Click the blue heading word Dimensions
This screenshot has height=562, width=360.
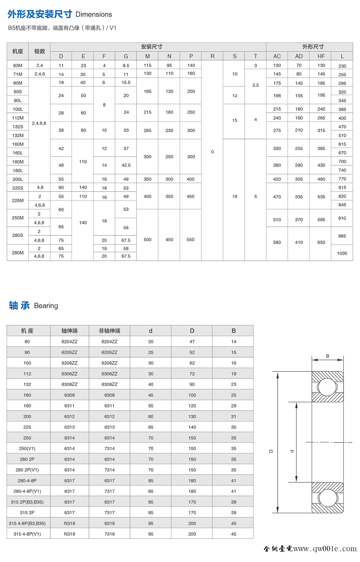(x=94, y=14)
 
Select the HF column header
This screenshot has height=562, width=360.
(x=321, y=56)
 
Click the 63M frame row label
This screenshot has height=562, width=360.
(x=18, y=66)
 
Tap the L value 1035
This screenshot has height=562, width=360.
(x=342, y=253)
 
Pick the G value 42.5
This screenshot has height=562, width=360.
(x=126, y=165)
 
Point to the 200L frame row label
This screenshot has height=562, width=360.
(x=18, y=179)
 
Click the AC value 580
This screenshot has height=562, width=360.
(x=277, y=242)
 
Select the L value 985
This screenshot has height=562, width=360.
(x=342, y=236)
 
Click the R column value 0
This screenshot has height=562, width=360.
(x=212, y=152)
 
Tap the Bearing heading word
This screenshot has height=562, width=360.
(x=46, y=306)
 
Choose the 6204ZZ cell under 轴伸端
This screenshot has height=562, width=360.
(x=69, y=342)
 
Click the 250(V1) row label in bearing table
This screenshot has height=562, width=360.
(x=27, y=449)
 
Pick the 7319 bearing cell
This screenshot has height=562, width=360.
(x=109, y=534)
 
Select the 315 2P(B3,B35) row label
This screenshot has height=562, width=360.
(x=27, y=502)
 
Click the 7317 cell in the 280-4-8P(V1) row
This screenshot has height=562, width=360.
(x=109, y=491)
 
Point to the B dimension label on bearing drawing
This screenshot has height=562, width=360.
(x=328, y=356)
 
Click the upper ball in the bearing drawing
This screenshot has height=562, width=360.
(x=328, y=387)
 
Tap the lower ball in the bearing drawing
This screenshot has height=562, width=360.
(x=328, y=498)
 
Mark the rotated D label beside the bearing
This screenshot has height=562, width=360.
(x=271, y=451)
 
